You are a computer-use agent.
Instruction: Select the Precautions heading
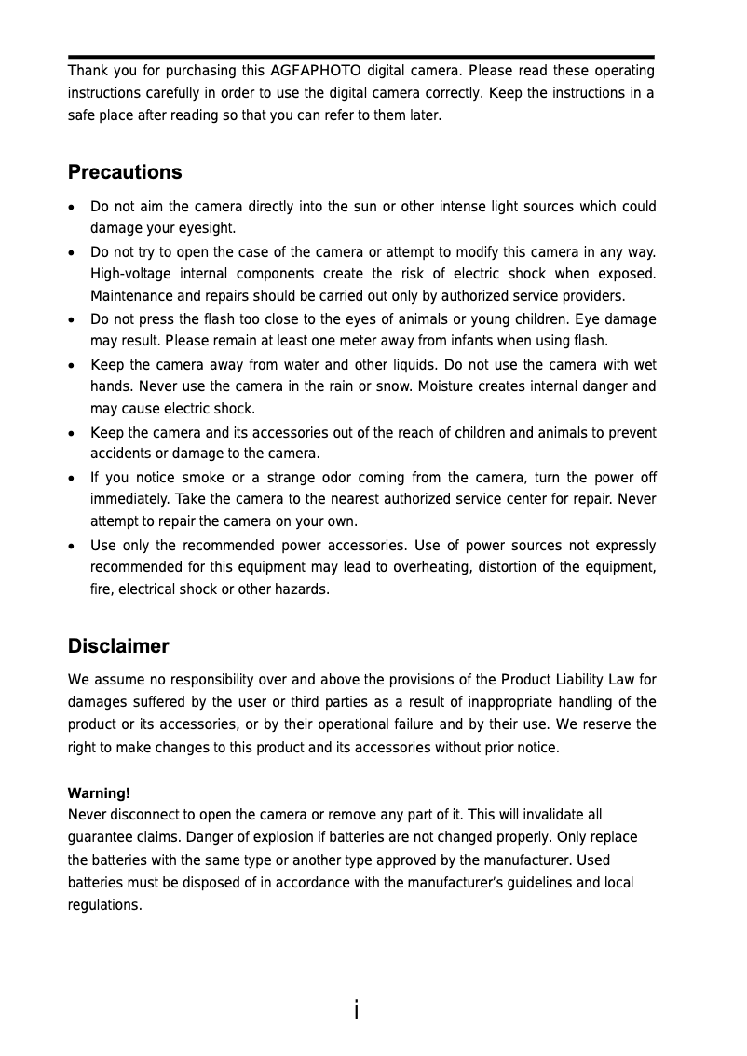(x=125, y=173)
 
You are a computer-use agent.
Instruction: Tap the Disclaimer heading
(x=118, y=646)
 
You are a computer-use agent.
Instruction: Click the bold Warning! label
(x=99, y=793)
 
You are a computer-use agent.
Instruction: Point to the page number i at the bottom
(x=357, y=1009)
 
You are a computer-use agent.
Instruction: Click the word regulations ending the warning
(x=104, y=905)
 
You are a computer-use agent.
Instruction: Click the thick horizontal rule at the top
(x=360, y=57)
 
